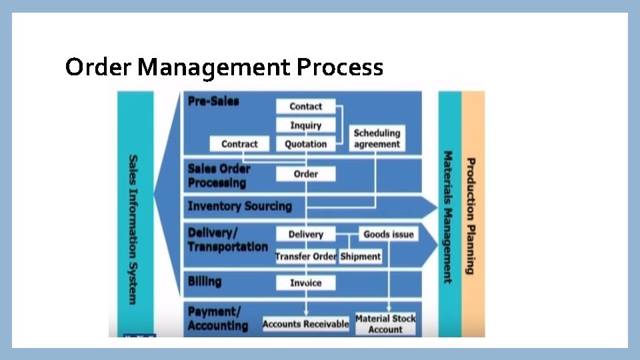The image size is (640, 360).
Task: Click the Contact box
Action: point(305,107)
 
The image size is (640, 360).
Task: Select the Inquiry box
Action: point(305,125)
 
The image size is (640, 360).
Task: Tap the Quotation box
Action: point(305,144)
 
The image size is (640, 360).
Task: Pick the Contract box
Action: point(239,144)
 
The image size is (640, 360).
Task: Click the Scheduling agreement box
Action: point(377,139)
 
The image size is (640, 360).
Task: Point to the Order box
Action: point(305,174)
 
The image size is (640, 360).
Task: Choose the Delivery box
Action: point(305,235)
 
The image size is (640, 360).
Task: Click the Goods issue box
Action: point(388,235)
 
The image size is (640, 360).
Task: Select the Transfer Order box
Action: point(306,257)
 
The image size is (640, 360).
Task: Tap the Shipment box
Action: point(361,257)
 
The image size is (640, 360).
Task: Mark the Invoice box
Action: point(305,283)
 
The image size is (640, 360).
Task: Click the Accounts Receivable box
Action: point(305,324)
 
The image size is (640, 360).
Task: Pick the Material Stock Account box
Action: point(385,324)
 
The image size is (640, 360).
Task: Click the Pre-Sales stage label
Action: point(213,102)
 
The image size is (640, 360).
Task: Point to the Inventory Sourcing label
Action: point(239,206)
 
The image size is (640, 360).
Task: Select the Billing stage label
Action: point(204,281)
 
